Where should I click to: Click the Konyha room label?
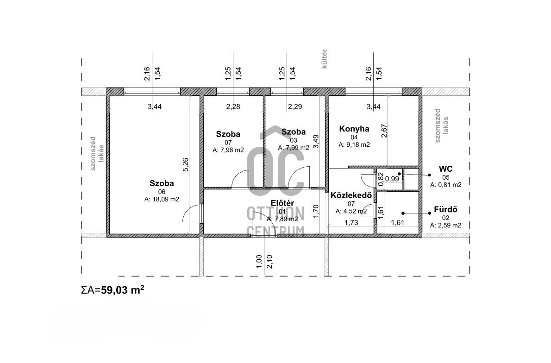click(x=354, y=129)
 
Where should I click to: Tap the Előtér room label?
click(x=282, y=203)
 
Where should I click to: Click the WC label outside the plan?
click(x=445, y=169)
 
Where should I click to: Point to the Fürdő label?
click(x=445, y=210)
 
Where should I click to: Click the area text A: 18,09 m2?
click(x=162, y=199)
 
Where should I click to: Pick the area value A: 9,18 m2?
click(x=354, y=144)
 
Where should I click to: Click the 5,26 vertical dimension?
click(x=186, y=164)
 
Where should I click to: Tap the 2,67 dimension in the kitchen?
click(x=384, y=131)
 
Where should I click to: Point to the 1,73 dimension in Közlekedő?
click(x=351, y=222)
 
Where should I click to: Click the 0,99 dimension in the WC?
click(x=392, y=179)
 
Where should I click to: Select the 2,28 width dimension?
click(x=233, y=106)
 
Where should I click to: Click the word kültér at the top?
click(x=324, y=59)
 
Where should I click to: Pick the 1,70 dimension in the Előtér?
click(x=316, y=212)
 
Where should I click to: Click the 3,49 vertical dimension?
click(x=316, y=142)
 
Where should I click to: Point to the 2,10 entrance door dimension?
click(x=269, y=262)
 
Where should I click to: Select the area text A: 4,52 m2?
click(x=351, y=212)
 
